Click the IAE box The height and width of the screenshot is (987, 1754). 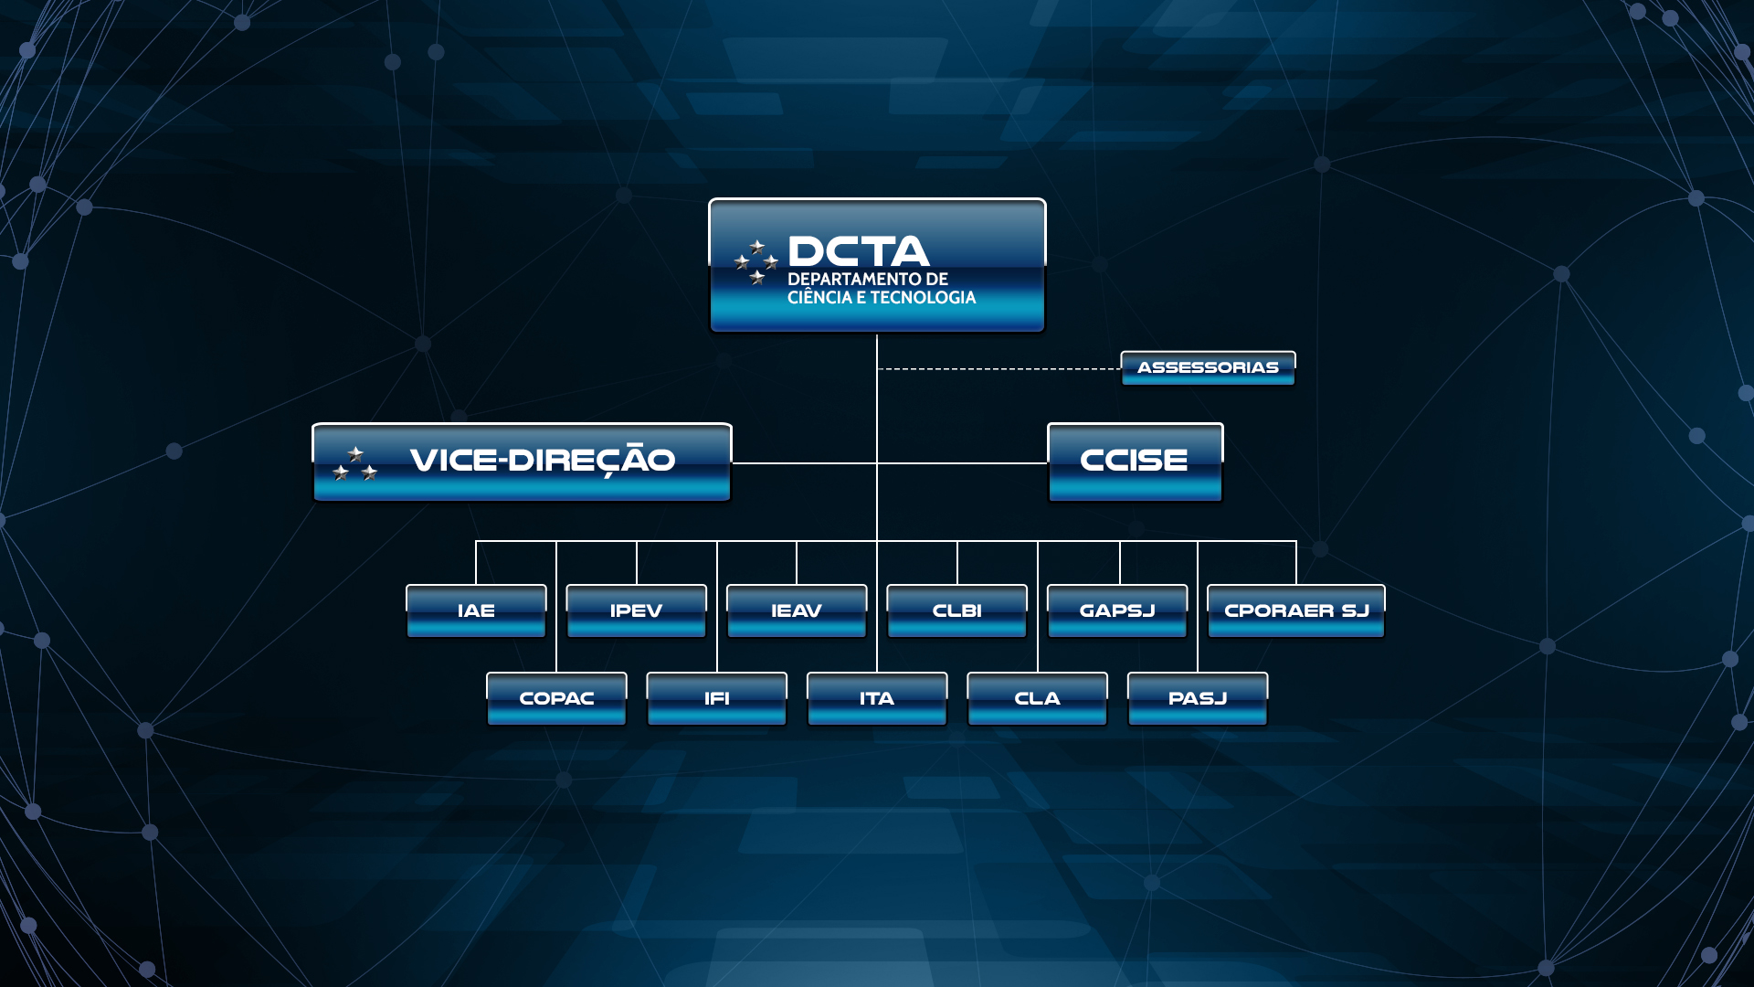point(476,610)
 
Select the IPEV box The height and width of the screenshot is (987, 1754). point(636,610)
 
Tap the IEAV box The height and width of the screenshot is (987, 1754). point(797,610)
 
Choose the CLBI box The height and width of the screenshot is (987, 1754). point(956,610)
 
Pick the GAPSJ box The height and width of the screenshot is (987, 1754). point(1117,610)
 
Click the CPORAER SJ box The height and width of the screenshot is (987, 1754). point(1296,610)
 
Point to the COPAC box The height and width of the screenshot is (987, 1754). point(556,698)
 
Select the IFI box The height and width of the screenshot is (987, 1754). point(716,698)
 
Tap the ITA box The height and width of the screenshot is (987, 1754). point(877,698)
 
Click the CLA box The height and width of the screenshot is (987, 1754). point(1037,698)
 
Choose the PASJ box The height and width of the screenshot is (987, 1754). point(1198,698)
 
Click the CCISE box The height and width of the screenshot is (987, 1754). point(1136,462)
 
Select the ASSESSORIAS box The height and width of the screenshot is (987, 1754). point(1208,368)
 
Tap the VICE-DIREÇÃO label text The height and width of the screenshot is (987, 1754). point(543,460)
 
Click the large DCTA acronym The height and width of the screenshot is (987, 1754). point(858,251)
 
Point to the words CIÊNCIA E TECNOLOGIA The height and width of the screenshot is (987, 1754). point(882,298)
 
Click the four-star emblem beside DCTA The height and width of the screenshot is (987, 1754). point(756,262)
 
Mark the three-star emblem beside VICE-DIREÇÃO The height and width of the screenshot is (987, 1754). point(354,464)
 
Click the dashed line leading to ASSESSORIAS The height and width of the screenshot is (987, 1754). point(999,369)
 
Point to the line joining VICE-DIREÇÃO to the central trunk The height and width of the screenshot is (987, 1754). point(804,463)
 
